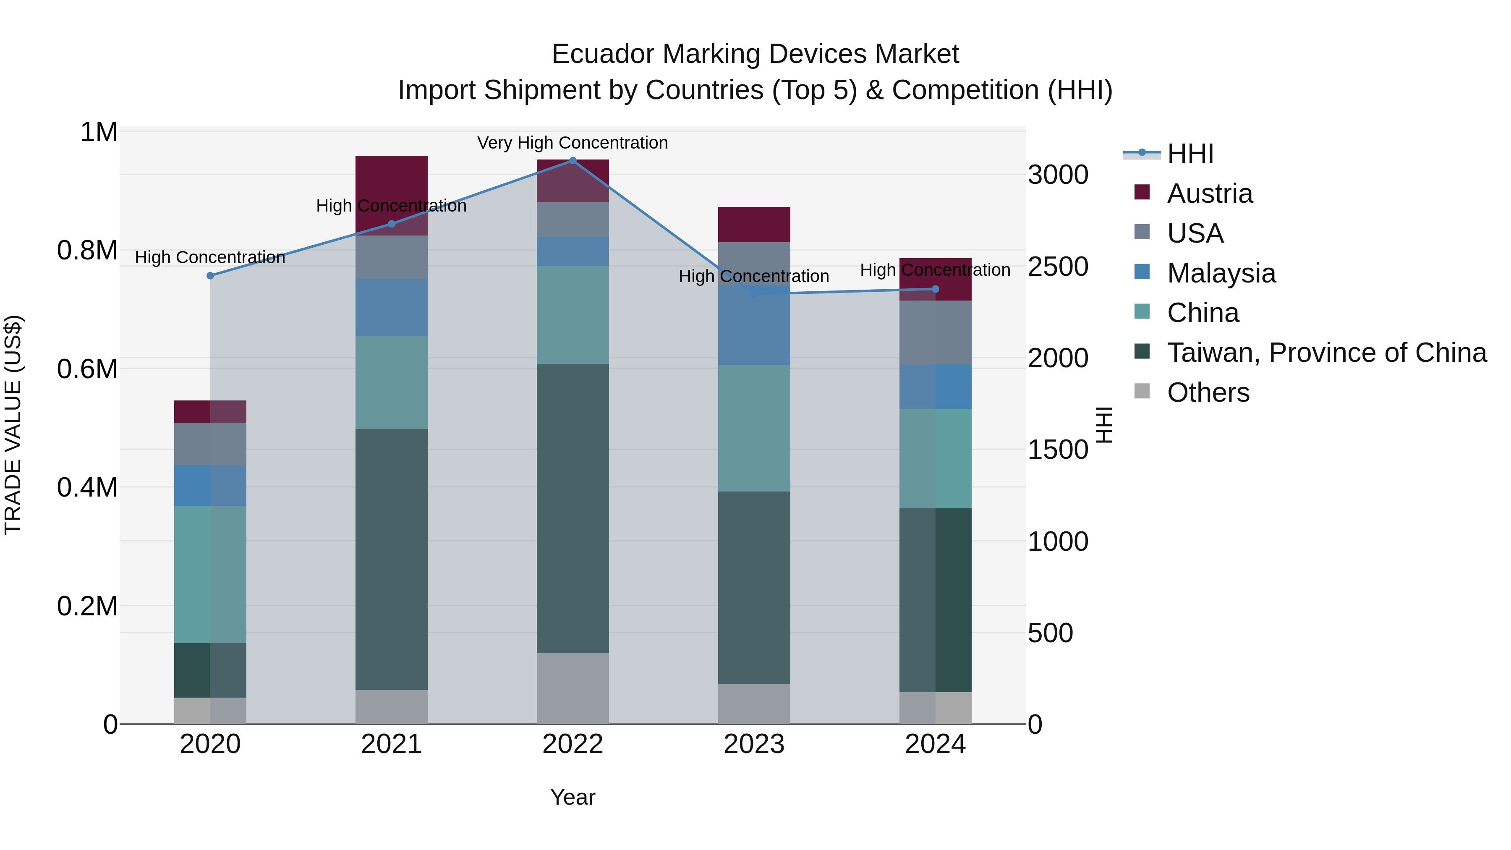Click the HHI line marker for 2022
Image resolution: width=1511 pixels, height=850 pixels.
(573, 160)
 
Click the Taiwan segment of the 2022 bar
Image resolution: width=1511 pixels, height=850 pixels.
(573, 508)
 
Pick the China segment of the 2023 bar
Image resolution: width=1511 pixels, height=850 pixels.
(754, 428)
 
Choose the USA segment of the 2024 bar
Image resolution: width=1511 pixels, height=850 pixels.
(935, 332)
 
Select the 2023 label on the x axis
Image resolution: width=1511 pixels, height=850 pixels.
(754, 744)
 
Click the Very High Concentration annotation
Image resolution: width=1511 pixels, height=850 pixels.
(573, 143)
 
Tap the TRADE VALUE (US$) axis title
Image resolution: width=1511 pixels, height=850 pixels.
(13, 425)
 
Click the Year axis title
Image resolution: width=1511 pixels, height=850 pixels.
(573, 797)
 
